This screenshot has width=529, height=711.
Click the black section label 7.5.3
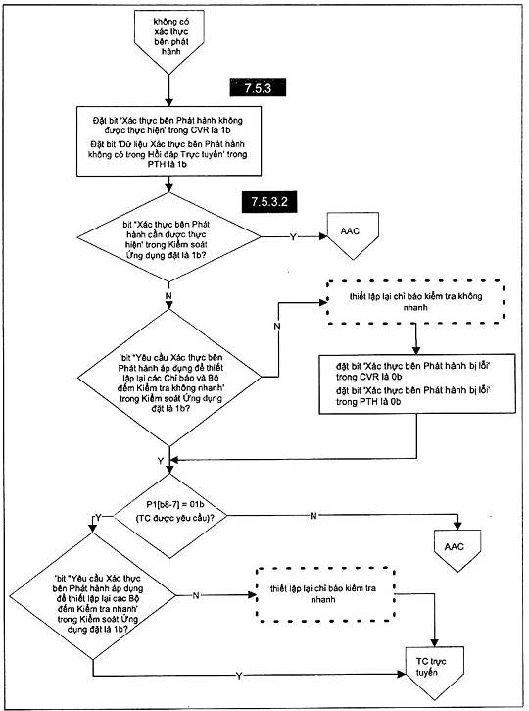coord(258,87)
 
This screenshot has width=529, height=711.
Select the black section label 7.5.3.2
coord(269,202)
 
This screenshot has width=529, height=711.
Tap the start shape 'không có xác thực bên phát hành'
coord(169,41)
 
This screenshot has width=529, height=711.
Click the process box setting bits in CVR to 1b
coord(168,141)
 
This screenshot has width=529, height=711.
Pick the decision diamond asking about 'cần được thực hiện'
coord(168,236)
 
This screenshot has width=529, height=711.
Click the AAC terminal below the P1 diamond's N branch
coord(457,549)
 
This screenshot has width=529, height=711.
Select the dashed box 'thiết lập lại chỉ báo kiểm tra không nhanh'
coord(415,302)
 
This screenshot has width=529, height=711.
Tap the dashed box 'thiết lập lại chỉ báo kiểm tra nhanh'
coord(325,594)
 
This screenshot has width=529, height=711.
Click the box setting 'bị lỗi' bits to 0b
coord(417,383)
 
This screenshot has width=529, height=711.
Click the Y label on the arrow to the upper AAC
coord(293,236)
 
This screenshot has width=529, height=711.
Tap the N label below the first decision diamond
coord(168,295)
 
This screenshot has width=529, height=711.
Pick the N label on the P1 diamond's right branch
coord(313,515)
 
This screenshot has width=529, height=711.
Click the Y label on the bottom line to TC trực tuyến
coord(239,676)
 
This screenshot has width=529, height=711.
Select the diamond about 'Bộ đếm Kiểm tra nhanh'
coord(92,596)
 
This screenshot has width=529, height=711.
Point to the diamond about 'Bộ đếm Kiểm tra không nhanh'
coord(169,378)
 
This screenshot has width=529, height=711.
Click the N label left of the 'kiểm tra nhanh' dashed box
coord(196,595)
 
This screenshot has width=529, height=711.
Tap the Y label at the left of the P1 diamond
coord(98,518)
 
